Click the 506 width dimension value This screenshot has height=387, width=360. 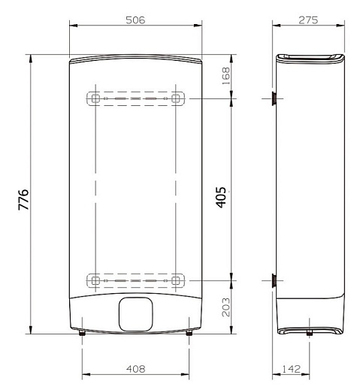(x=135, y=20)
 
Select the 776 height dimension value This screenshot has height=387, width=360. (x=23, y=200)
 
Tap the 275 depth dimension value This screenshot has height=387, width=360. (x=308, y=20)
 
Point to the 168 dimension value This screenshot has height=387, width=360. (x=226, y=76)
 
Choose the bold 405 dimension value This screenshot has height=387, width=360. (x=221, y=198)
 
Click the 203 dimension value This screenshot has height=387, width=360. (x=226, y=307)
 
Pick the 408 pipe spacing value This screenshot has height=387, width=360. (x=135, y=369)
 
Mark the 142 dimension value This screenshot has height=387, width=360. (x=291, y=369)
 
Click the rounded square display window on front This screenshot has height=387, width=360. (x=135, y=314)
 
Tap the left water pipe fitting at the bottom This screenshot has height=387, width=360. (x=82, y=333)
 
